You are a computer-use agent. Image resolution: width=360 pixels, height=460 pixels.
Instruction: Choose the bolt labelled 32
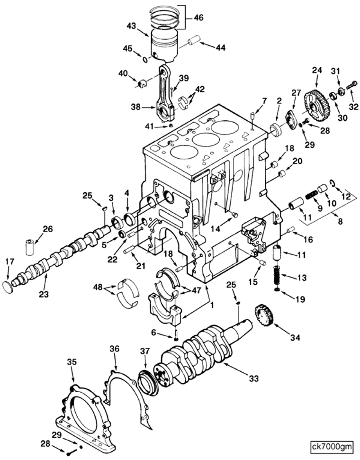tap(351, 87)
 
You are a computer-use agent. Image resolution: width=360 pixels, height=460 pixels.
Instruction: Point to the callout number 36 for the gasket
tap(115, 348)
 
